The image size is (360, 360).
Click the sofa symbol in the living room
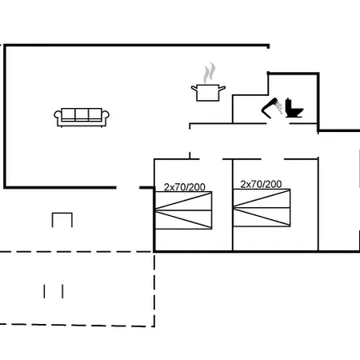[x=82, y=118]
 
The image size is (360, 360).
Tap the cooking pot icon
[x=208, y=93]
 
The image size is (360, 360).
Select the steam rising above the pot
[x=209, y=73]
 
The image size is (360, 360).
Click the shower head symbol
[x=270, y=108]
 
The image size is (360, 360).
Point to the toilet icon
[x=294, y=108]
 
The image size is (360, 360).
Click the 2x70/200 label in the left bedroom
[x=185, y=187]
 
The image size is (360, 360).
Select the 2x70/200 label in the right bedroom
[x=261, y=184]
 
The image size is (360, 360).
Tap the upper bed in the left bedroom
[x=183, y=201]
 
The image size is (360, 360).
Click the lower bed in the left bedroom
[x=183, y=220]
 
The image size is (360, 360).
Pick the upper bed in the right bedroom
[x=262, y=198]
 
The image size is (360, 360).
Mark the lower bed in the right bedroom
[x=262, y=217]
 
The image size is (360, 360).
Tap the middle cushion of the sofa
[x=82, y=114]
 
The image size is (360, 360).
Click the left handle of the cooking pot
[x=194, y=88]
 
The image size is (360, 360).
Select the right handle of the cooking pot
[x=222, y=88]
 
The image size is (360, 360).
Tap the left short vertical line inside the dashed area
[x=44, y=291]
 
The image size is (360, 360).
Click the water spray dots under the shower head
[x=279, y=107]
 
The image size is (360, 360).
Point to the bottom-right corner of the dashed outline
[x=154, y=326]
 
